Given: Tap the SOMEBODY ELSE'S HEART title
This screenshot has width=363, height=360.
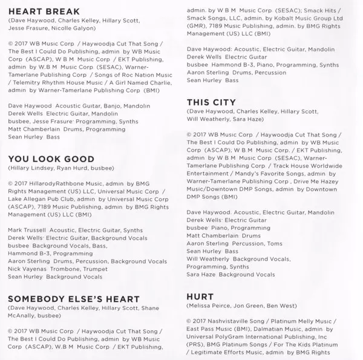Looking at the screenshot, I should click(x=74, y=299).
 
